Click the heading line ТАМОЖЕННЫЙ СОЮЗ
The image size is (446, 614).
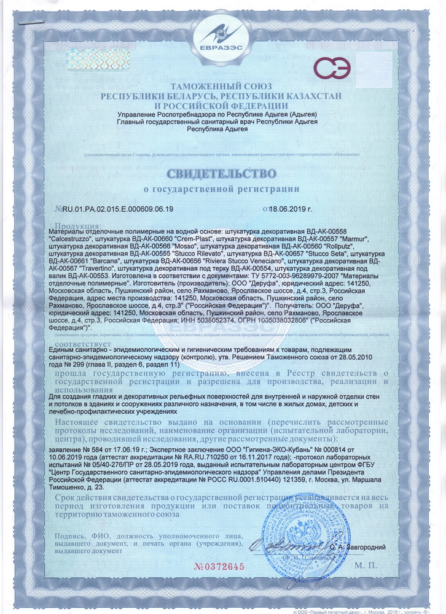[x=222, y=87]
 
